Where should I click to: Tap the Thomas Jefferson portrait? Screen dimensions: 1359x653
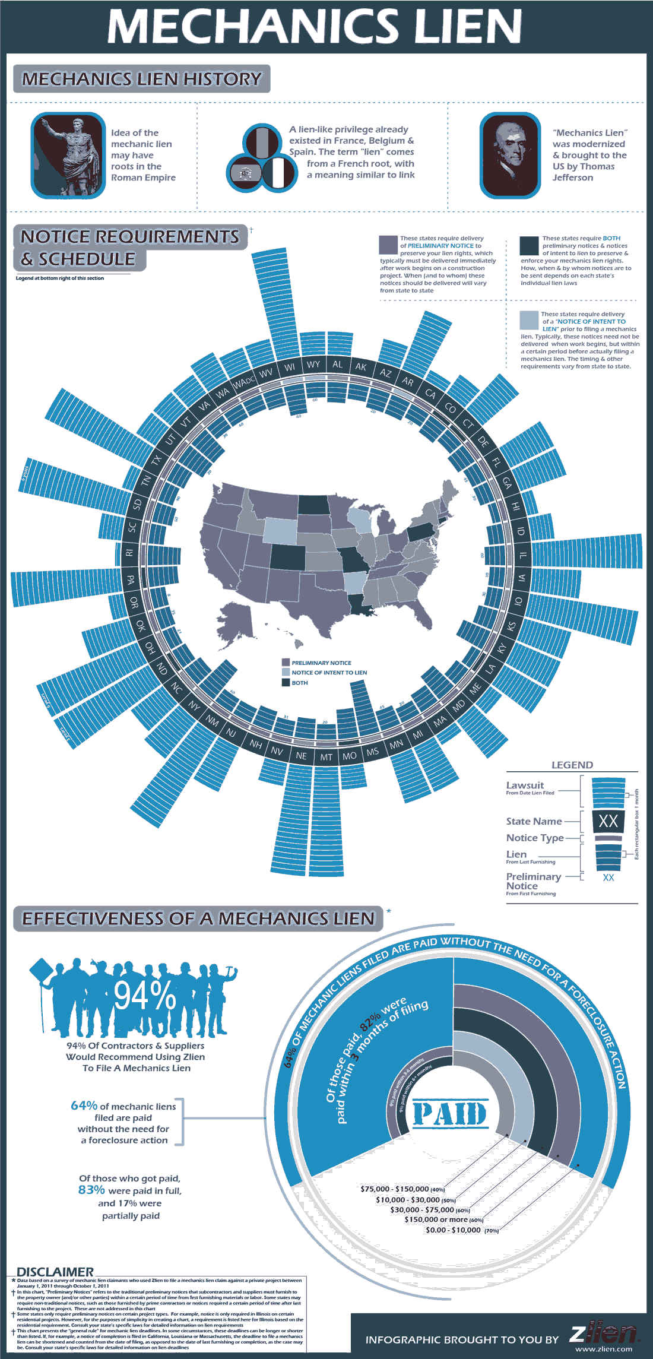[511, 155]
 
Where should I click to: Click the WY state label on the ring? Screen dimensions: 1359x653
[313, 365]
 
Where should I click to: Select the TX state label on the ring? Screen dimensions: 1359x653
[156, 460]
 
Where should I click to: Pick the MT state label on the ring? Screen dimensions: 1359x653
[326, 757]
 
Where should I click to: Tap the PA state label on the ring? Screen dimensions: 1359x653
[131, 580]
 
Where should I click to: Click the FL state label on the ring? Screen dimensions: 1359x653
[496, 462]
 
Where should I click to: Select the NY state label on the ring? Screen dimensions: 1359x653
[194, 705]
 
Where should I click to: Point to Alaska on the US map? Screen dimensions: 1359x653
[237, 623]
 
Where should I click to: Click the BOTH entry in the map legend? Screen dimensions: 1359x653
[299, 683]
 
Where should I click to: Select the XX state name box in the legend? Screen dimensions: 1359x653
[608, 821]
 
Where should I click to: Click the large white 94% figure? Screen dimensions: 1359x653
[145, 996]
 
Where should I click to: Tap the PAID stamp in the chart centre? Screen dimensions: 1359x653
[450, 1114]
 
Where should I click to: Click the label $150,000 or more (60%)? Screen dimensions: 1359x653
[443, 1219]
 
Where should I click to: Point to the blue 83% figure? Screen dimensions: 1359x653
[91, 1190]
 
